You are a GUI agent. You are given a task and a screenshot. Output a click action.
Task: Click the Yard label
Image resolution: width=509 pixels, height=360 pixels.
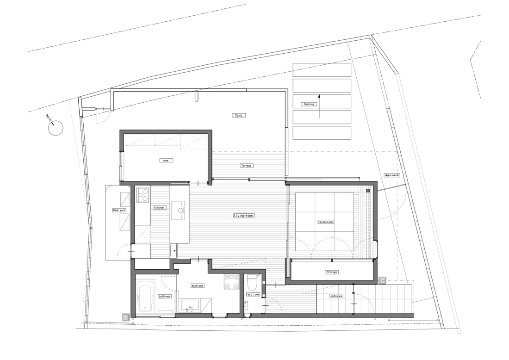(239, 115)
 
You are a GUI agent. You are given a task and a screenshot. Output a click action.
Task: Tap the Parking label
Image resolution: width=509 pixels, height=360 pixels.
(309, 104)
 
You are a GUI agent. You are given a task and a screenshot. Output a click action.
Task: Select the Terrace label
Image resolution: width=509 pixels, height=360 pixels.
(246, 166)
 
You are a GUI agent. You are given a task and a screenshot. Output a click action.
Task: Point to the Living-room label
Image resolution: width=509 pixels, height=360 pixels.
(244, 216)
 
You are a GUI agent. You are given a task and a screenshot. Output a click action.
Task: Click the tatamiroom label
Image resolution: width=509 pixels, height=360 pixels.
(325, 222)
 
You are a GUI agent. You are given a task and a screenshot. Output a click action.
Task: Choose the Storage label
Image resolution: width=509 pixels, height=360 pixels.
(331, 272)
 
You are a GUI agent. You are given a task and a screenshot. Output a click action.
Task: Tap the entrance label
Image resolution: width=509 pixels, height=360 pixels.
(336, 296)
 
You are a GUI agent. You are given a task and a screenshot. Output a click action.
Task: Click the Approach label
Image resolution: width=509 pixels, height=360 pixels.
(391, 175)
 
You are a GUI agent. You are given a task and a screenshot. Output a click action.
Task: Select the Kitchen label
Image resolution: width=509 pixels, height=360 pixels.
(159, 207)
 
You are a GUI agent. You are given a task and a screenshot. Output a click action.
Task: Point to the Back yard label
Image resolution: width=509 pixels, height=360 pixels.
(119, 211)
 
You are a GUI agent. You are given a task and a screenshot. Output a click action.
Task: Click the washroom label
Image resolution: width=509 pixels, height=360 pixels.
(198, 286)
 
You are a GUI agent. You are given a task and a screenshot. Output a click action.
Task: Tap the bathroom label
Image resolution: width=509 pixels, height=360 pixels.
(164, 296)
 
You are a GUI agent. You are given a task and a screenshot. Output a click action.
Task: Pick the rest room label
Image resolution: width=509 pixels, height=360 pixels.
(253, 294)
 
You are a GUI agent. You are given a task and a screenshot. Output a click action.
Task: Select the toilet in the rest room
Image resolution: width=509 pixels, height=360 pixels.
(252, 283)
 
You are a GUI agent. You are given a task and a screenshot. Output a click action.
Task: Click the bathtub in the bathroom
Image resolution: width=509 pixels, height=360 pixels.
(146, 296)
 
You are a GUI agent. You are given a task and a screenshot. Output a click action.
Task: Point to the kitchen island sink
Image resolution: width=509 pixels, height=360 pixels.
(178, 211)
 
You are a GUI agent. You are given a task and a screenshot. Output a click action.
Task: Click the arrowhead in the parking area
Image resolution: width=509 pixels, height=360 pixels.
(319, 96)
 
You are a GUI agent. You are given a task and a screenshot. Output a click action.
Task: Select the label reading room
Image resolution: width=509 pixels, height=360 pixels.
(166, 161)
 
